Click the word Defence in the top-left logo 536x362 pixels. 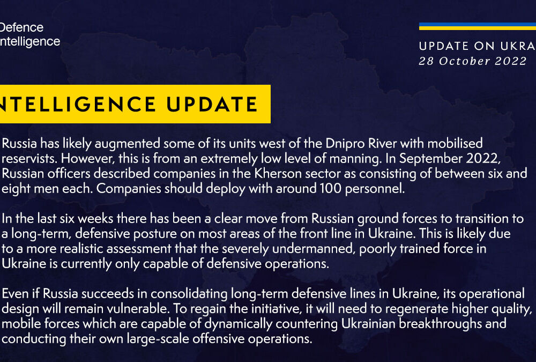[21, 27]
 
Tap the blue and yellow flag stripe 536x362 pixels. [477, 26]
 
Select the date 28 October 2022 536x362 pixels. [473, 61]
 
